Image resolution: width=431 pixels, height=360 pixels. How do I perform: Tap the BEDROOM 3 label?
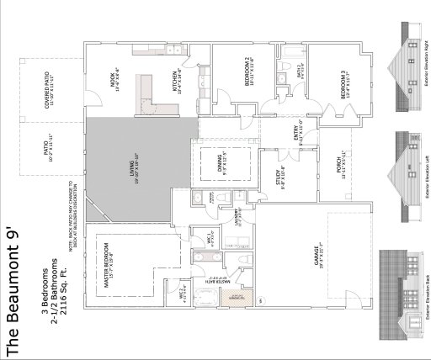343,85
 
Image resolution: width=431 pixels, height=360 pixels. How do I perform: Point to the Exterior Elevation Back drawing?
404,290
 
